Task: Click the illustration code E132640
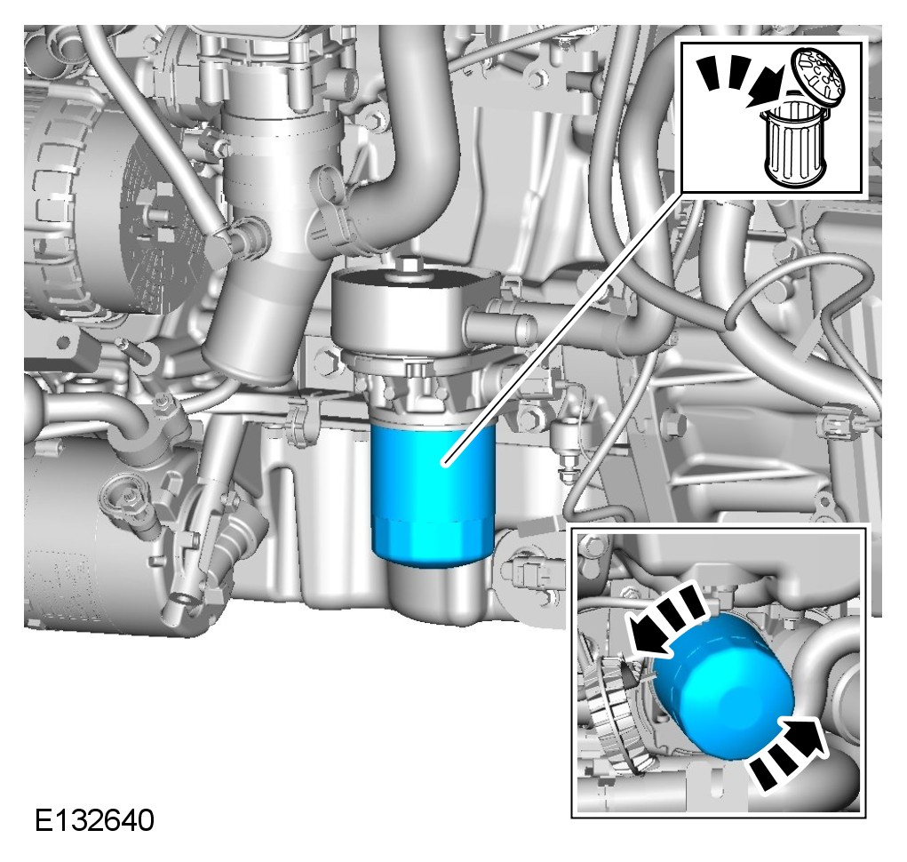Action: (95, 820)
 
